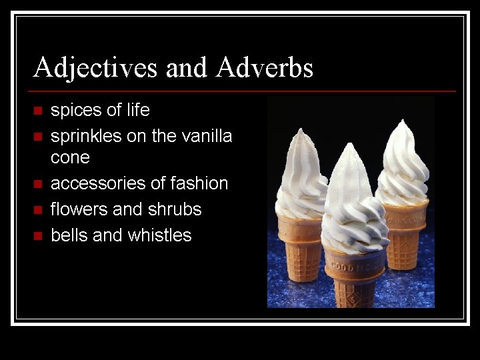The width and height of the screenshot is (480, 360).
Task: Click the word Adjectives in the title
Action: (x=95, y=67)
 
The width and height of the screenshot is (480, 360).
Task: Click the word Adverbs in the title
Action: (x=264, y=67)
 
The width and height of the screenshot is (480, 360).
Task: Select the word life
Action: (x=136, y=109)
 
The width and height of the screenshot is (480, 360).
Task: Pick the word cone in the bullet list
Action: (x=70, y=157)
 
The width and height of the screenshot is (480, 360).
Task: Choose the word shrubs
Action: (x=175, y=209)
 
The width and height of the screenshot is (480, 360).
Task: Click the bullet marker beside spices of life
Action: (x=37, y=111)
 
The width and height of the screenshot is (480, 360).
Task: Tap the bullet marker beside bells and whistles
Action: (x=37, y=236)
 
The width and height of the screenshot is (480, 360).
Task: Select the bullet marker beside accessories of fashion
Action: (x=37, y=184)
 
